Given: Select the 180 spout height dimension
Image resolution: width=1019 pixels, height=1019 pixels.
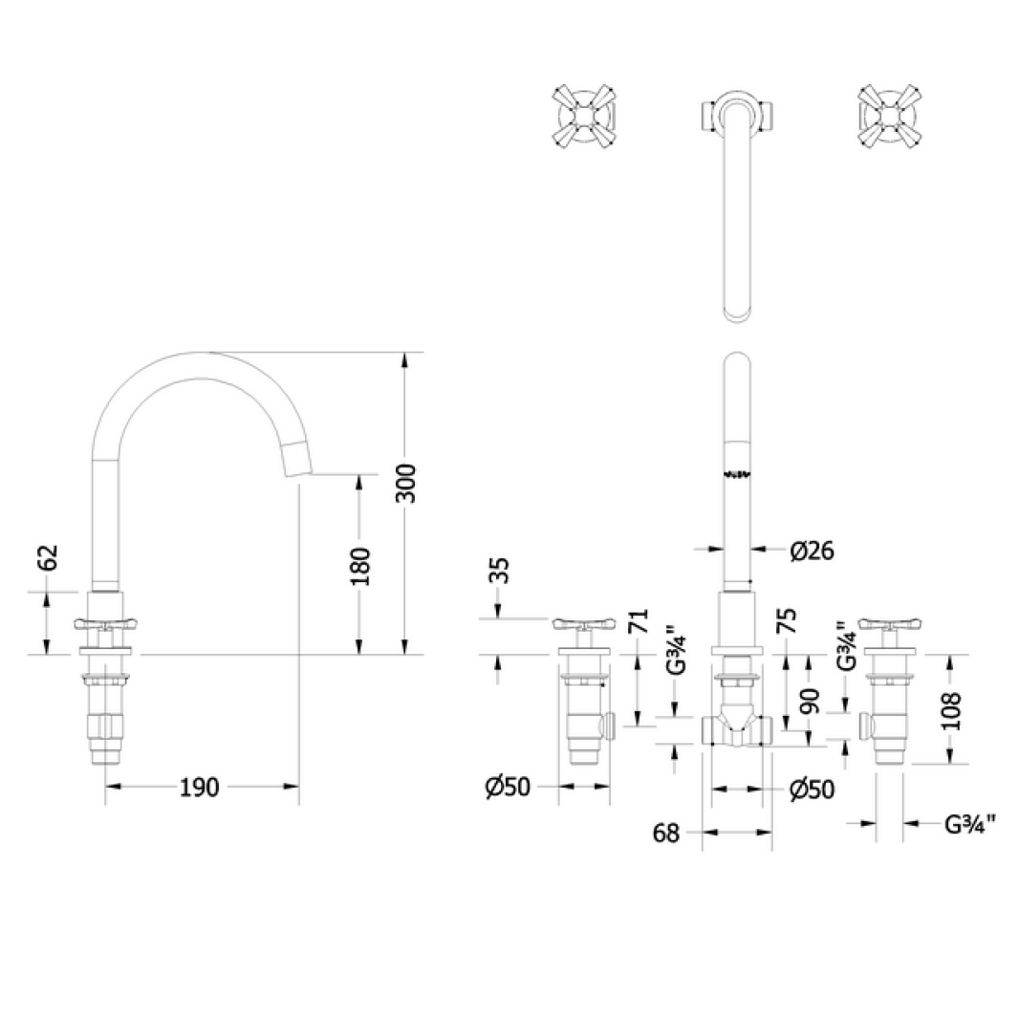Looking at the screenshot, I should (359, 566).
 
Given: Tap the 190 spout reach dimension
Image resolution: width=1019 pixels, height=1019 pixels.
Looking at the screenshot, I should (200, 787).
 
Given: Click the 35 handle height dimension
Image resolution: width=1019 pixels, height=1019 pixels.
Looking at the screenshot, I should (498, 572).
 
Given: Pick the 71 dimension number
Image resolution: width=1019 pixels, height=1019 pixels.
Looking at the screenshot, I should (640, 622).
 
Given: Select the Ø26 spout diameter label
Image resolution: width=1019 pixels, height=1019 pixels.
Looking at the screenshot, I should (813, 550).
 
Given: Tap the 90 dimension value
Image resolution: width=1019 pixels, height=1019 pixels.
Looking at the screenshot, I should (810, 703).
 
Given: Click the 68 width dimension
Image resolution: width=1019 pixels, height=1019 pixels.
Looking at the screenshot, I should (666, 834).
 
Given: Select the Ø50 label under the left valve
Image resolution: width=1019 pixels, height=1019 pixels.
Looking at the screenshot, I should (507, 787).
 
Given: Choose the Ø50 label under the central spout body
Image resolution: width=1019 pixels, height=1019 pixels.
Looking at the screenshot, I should (812, 790).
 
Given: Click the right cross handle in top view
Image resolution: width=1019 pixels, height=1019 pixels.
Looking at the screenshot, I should (890, 116).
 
